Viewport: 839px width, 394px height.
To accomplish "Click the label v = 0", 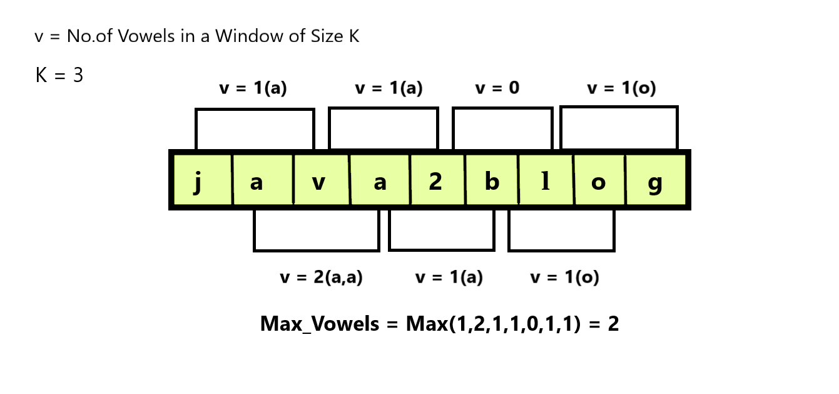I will pos(497,88).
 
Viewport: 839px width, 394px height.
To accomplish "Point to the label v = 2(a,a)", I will pos(321,277).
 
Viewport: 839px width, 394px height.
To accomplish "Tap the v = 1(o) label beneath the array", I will pos(564,277).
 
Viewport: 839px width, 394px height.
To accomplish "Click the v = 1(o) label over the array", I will pos(621,88).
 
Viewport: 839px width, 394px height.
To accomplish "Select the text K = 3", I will pos(59,76).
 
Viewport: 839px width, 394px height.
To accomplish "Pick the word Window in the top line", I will pos(243,36).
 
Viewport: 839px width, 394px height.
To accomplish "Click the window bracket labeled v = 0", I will pos(502,128).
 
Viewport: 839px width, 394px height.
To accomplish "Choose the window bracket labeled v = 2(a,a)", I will pos(317,231).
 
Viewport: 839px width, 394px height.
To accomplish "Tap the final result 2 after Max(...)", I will pos(613,323).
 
